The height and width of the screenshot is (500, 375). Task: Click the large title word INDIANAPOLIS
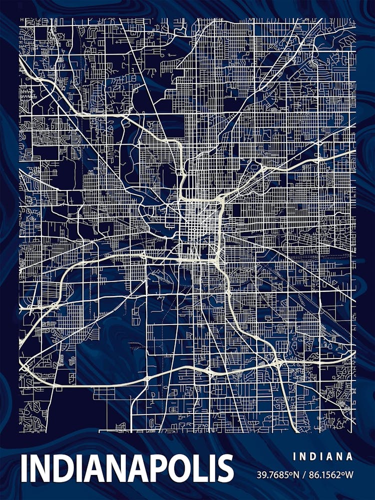[x=127, y=468]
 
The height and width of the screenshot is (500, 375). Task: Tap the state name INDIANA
[x=323, y=456]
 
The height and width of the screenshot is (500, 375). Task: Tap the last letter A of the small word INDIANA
[x=350, y=456]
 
